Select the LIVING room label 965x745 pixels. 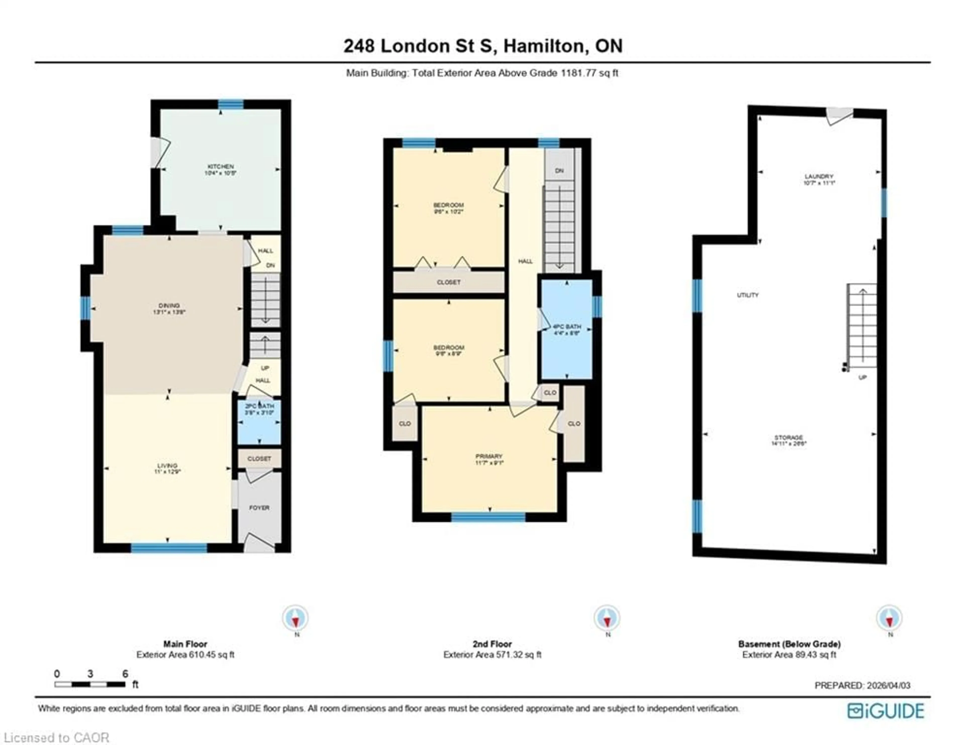click(x=167, y=468)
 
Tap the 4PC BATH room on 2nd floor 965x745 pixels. click(x=567, y=330)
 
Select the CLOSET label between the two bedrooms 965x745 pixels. click(x=449, y=282)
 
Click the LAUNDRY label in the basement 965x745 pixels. click(x=819, y=179)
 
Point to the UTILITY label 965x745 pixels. click(x=748, y=295)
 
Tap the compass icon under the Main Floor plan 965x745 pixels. click(x=296, y=618)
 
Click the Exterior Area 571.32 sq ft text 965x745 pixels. click(x=492, y=655)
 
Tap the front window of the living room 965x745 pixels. click(x=169, y=548)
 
